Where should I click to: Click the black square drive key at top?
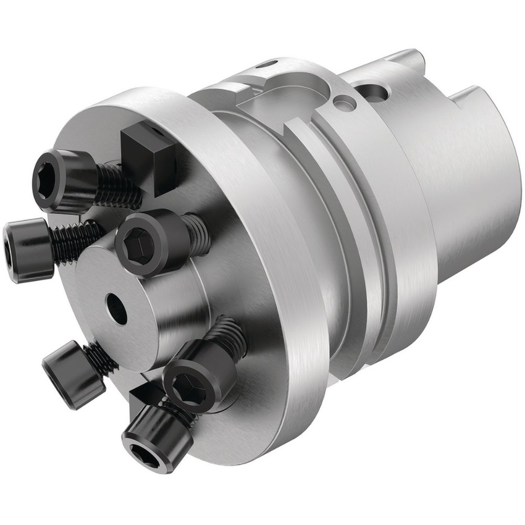(149, 157)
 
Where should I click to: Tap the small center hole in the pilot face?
(116, 309)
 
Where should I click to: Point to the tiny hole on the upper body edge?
(270, 65)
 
